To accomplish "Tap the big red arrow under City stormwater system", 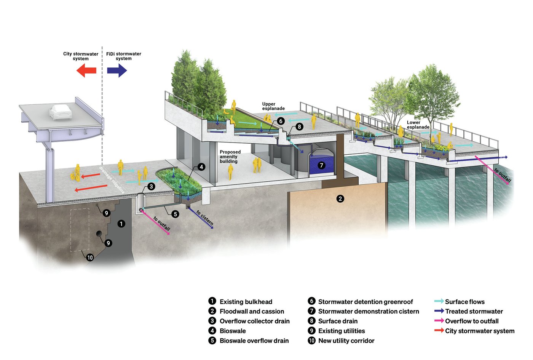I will pos(86,70).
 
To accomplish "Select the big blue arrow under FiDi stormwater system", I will pos(117,70).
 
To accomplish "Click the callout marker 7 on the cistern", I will pos(322,165).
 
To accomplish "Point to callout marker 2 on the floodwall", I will pos(340,198).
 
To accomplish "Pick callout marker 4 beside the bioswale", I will pos(201,167).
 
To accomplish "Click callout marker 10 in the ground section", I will pos(90,258).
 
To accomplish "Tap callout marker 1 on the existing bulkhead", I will pos(121,224).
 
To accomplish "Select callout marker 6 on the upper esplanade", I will pos(281,121).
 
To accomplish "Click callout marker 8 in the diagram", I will pos(300,126).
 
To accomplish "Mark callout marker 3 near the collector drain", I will pos(152,186).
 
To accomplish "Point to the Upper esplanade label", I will pos(273,106).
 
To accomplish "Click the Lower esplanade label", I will pos(418,125).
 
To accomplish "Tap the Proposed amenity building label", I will pos(230,157).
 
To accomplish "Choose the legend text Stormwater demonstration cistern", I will pos(368,312).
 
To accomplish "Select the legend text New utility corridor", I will pos(346,341).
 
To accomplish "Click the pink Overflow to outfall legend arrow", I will pos(439,321).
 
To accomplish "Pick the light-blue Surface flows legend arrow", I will pos(439,301).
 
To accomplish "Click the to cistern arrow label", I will pos(204,218).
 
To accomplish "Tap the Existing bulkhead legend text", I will pos(246,302).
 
